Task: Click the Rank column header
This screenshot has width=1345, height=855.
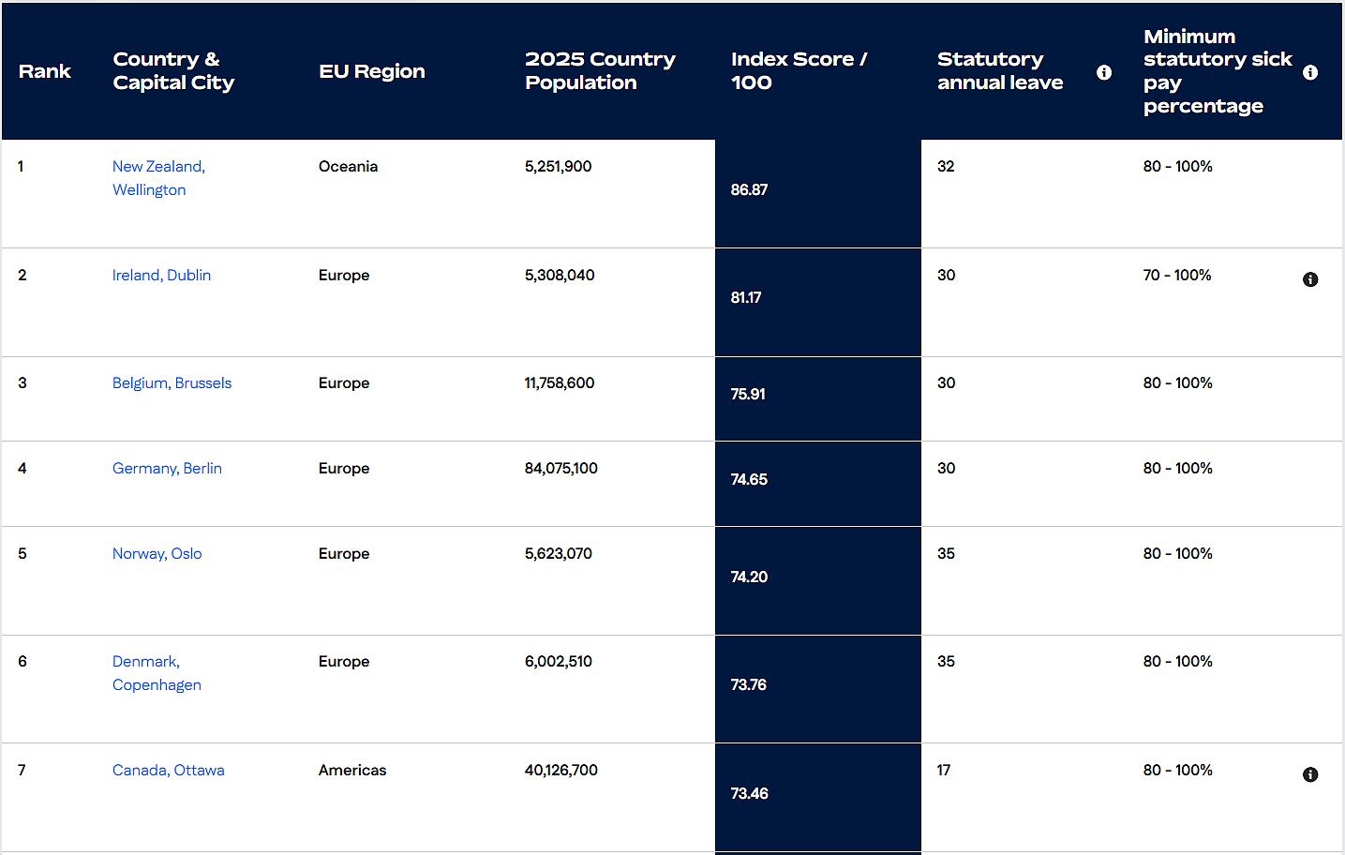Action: click(44, 71)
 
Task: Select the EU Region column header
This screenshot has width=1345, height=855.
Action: click(372, 71)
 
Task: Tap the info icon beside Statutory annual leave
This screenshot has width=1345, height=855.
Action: click(1103, 72)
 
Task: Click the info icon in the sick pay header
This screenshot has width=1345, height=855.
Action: click(1310, 72)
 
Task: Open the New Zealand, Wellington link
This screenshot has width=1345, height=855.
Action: click(158, 178)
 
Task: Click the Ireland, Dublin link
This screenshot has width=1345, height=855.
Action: click(161, 275)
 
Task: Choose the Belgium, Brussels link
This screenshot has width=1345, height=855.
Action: click(172, 383)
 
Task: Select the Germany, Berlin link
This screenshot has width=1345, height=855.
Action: click(167, 469)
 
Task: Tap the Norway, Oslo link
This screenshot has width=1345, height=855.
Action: click(157, 553)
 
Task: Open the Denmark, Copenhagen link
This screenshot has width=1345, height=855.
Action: click(157, 673)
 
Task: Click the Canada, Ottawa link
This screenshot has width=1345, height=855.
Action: click(168, 771)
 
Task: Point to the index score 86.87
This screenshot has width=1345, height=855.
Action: click(749, 189)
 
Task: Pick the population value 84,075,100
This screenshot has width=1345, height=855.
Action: click(560, 469)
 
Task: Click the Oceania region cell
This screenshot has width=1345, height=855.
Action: click(348, 166)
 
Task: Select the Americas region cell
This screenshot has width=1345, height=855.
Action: click(351, 771)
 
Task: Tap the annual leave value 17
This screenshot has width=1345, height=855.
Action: click(944, 771)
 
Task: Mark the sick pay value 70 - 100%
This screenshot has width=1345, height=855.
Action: click(1177, 275)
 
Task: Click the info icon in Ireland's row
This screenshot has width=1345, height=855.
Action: click(1310, 279)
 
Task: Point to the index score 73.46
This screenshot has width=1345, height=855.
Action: click(749, 793)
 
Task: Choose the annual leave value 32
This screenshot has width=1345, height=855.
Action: click(946, 166)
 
